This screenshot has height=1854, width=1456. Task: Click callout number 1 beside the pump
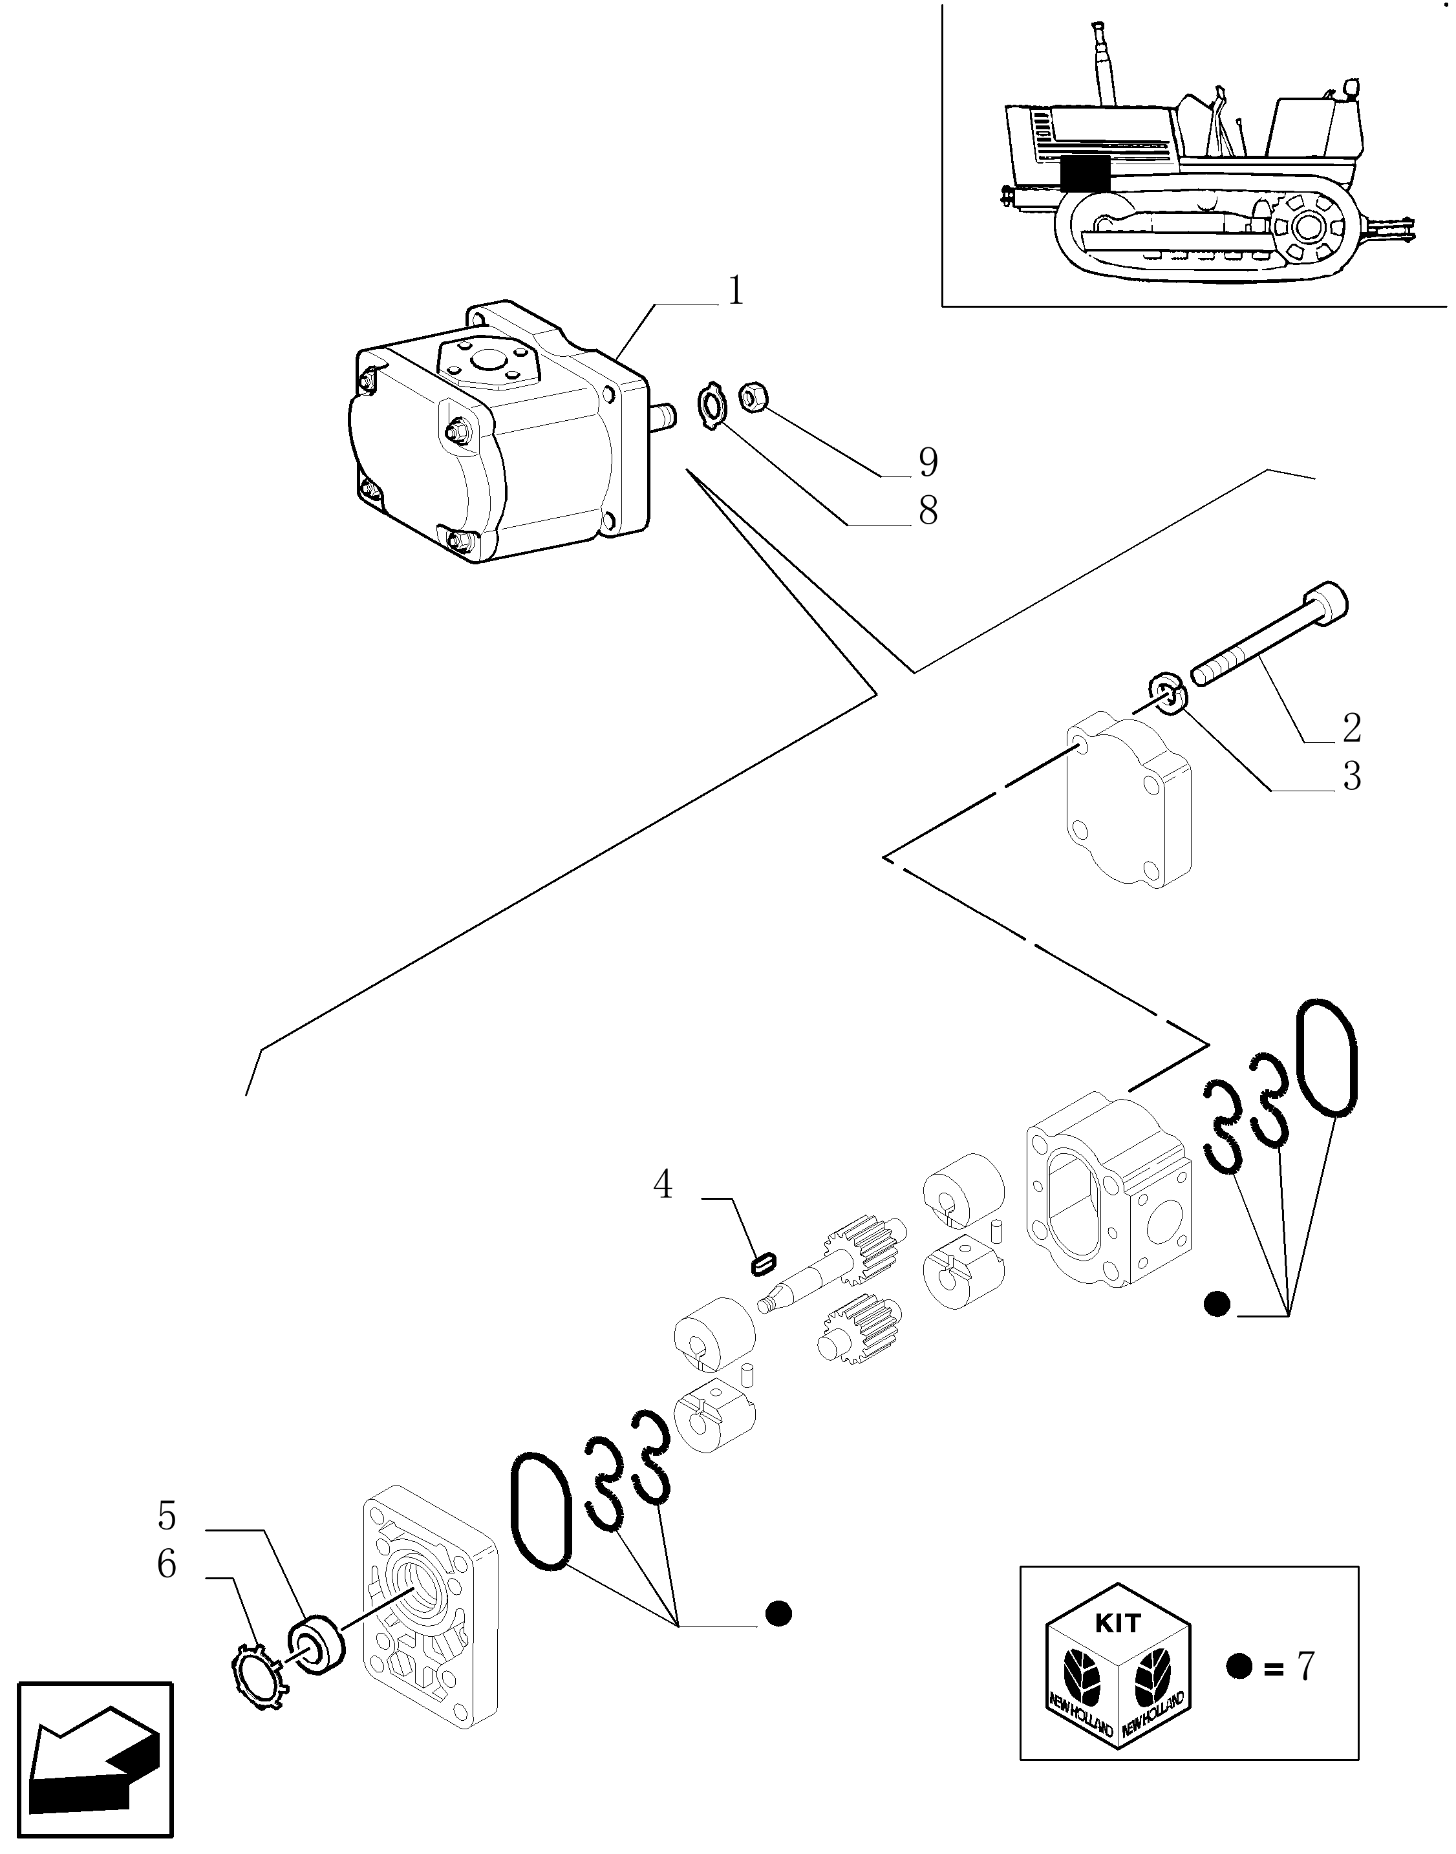coord(736,291)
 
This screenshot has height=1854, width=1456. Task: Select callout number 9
coord(928,462)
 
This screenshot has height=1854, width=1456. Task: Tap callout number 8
coord(928,511)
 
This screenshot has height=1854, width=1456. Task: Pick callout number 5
coord(167,1517)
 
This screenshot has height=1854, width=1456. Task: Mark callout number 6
coord(167,1564)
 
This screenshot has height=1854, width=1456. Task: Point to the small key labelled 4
coord(763,1262)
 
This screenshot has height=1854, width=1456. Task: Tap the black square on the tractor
coord(1085,174)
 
